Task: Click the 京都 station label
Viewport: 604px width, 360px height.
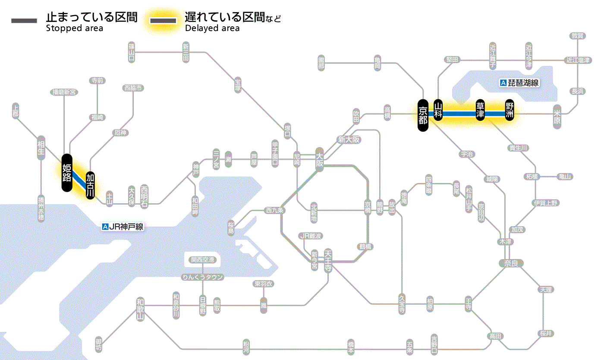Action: coord(423,114)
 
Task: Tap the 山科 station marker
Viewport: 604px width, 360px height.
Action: coord(438,110)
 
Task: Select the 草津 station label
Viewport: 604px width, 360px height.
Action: coord(480,110)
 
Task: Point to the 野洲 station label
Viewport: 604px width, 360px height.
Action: coord(510,110)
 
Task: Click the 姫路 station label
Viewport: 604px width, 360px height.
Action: coord(67,172)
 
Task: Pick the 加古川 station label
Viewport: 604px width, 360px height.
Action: coord(90,185)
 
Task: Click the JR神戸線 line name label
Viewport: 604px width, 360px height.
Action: coord(123,227)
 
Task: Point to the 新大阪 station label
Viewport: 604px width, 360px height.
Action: coord(349,139)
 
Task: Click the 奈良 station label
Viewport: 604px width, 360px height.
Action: coord(511,263)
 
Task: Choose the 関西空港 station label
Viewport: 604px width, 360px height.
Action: coord(203,260)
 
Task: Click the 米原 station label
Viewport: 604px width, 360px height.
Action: coord(557,117)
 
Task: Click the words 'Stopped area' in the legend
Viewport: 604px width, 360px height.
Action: coord(74,28)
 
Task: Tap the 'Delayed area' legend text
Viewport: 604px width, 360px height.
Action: coord(212,28)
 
